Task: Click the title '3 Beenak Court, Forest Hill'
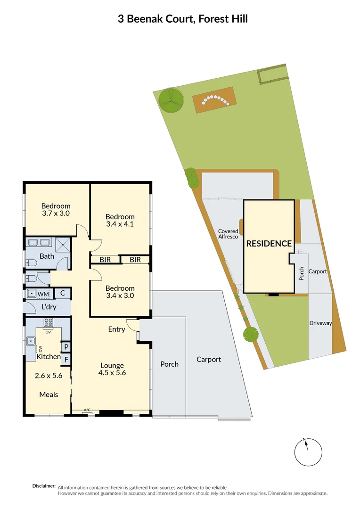point(182,19)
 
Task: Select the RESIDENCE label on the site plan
point(269,244)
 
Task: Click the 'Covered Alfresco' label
point(228,235)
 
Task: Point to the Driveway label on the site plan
point(320,323)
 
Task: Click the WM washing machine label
point(43,294)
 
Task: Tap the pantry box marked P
point(66,347)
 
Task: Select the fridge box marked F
point(66,360)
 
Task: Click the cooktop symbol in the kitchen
point(48,323)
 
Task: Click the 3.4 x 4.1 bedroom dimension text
point(120,224)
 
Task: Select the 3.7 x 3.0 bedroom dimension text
point(56,213)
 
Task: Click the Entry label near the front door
point(116,329)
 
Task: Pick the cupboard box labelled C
point(63,293)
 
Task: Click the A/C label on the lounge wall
point(87,410)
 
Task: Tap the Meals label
point(49,394)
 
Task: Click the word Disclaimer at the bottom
point(44,486)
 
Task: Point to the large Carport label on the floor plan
point(208,359)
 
